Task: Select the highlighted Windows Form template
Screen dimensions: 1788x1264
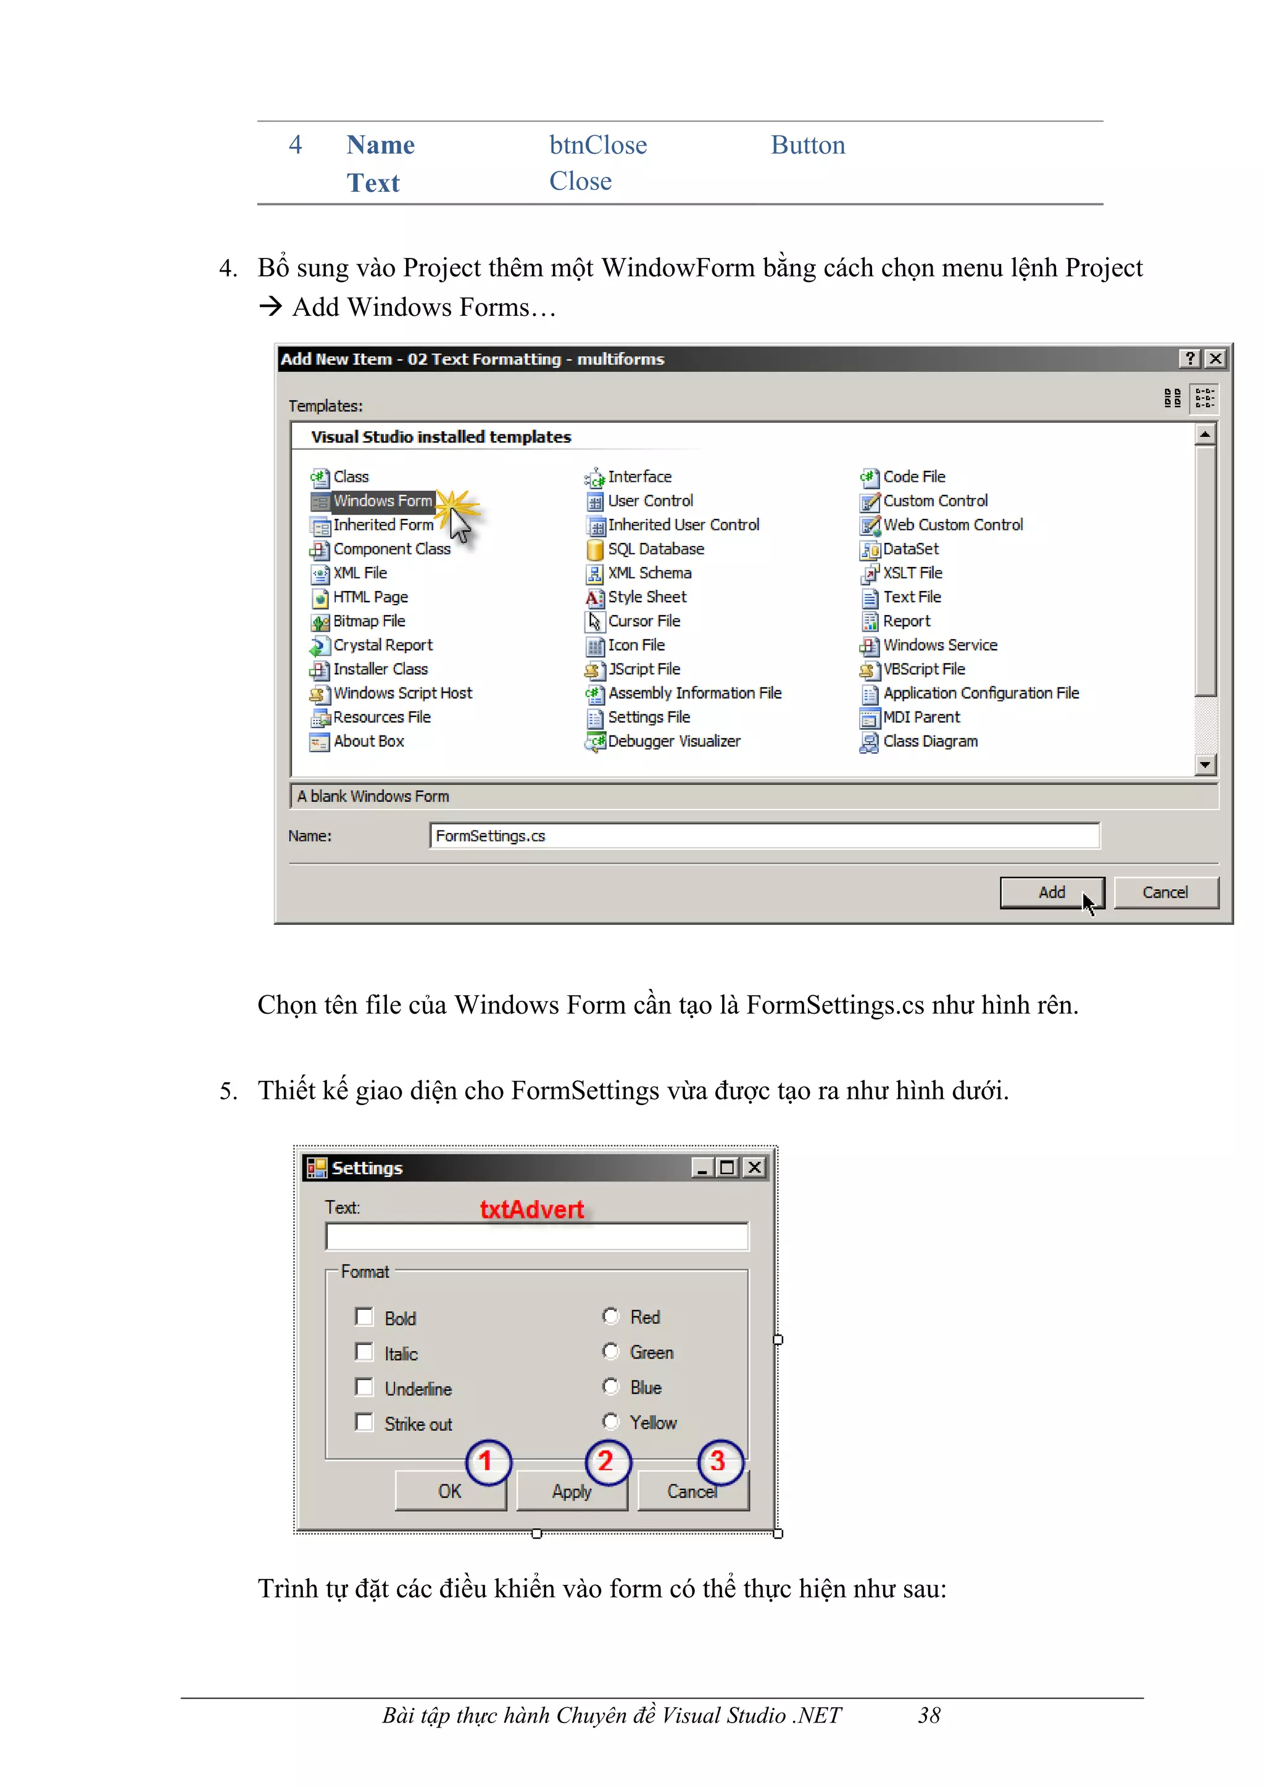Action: (381, 501)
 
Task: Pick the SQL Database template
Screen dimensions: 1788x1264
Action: (655, 549)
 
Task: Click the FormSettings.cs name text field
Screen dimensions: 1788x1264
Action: (763, 835)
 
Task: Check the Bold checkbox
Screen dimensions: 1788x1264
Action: (364, 1317)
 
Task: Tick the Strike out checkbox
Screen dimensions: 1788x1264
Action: (364, 1422)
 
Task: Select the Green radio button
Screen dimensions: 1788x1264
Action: (610, 1351)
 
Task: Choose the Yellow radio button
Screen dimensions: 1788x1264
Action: (610, 1422)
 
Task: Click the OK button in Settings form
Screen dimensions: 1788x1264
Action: (449, 1491)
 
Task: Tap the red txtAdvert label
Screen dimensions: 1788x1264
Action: (532, 1209)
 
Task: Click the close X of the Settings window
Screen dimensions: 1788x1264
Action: (754, 1167)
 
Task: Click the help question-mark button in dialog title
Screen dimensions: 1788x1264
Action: (1189, 358)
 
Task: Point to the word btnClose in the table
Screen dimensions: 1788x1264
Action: (597, 146)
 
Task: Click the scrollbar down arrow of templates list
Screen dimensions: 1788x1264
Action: (1205, 764)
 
